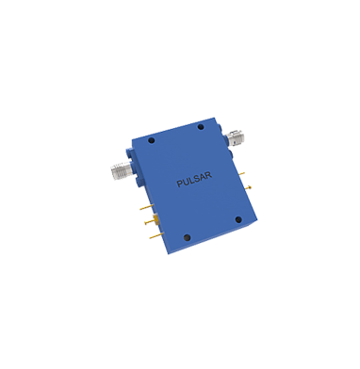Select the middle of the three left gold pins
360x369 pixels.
pos(149,221)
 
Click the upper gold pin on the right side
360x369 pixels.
pos(244,173)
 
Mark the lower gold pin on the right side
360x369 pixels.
pos(252,188)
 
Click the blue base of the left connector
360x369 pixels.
pos(130,169)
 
